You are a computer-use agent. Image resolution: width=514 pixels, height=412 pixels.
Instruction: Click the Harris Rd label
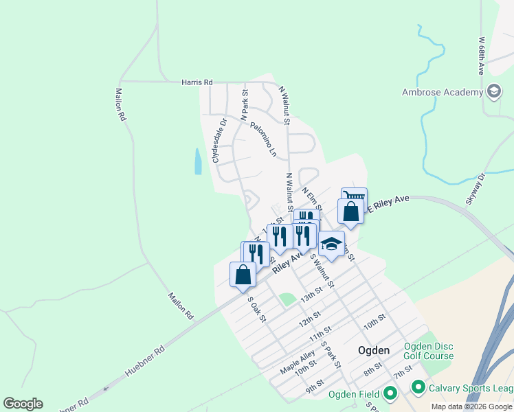(197, 82)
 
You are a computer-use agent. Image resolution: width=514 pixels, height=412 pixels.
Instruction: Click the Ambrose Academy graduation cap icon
(493, 91)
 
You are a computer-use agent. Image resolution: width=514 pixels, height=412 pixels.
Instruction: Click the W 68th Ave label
(482, 55)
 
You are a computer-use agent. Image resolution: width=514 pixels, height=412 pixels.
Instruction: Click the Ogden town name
(374, 350)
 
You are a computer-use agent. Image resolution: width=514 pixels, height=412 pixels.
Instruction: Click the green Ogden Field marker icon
(390, 393)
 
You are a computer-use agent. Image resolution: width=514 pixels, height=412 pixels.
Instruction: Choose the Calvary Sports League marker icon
(418, 388)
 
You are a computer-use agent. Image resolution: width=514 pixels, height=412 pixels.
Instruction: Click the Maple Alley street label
(297, 363)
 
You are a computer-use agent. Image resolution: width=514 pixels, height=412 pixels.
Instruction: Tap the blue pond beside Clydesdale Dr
(198, 161)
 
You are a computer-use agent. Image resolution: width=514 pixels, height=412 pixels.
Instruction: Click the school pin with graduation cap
(331, 244)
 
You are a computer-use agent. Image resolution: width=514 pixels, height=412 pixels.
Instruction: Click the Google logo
(23, 404)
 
